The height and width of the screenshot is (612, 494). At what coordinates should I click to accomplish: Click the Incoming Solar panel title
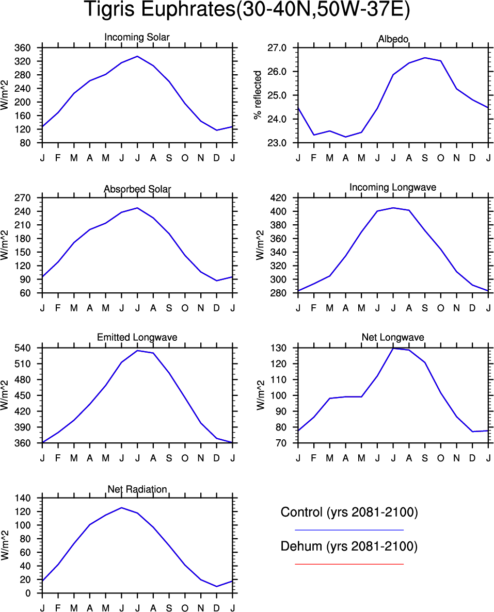137,38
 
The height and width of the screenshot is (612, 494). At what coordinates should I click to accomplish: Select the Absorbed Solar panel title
137,189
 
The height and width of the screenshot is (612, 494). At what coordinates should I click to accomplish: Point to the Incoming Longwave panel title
393,187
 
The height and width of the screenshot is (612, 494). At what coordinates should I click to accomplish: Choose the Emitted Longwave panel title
137,337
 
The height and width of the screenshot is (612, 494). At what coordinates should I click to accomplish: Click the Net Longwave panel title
393,338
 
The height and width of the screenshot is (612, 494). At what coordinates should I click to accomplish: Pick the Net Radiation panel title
137,489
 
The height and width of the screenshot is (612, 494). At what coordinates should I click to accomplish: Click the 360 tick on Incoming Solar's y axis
29,48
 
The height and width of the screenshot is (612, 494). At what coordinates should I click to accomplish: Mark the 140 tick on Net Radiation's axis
29,498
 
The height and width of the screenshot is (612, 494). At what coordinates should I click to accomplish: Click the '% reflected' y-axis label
258,95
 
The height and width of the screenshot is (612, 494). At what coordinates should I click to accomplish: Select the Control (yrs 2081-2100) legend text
349,512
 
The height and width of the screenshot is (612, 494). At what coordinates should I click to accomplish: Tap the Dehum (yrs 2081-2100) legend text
349,547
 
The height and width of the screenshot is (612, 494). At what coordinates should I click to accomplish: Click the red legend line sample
349,564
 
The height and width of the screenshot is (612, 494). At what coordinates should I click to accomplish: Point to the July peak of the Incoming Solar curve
137,56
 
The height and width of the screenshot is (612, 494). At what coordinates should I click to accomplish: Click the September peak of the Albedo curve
425,58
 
